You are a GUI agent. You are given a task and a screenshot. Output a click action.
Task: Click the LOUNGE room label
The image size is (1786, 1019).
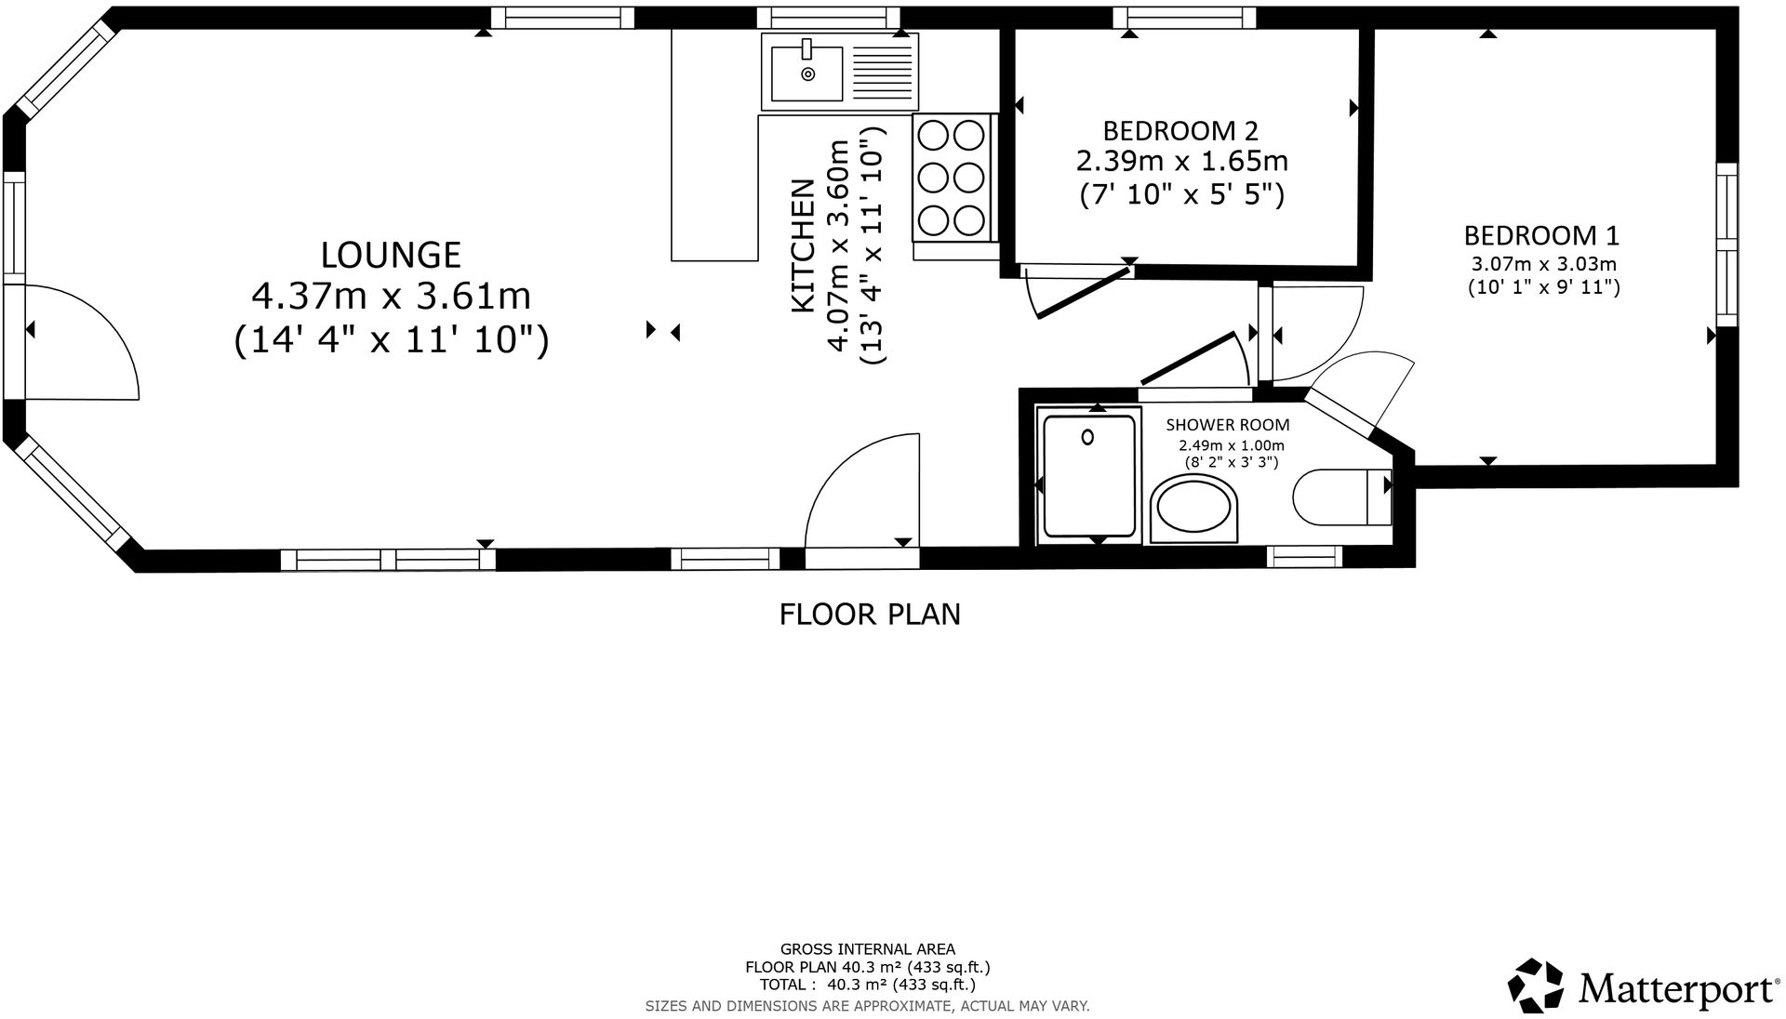point(391,254)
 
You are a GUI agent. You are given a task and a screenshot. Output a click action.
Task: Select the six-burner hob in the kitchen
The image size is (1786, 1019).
point(951,178)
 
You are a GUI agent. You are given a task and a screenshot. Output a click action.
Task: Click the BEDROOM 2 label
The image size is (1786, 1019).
point(1181,129)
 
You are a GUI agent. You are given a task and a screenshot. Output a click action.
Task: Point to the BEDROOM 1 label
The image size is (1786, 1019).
point(1542,234)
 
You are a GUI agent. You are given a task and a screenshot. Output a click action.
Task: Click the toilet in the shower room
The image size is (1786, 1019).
point(1339,497)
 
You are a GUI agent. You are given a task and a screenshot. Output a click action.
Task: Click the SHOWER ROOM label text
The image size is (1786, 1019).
point(1228,425)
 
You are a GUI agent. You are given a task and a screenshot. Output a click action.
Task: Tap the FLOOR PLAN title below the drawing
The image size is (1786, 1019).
point(870,615)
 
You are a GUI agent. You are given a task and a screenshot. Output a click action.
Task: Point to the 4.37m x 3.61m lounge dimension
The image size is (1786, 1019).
point(391,297)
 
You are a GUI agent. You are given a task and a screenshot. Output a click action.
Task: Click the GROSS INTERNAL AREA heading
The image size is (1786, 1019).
point(867,949)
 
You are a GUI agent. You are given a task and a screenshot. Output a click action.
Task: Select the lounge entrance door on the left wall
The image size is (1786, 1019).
point(79,342)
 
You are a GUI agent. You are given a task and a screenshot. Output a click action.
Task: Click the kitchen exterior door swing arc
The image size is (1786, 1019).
point(860,488)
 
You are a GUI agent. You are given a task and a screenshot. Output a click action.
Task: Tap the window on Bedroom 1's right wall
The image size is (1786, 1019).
point(1726,245)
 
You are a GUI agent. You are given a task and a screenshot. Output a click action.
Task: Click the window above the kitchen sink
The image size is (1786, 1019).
point(828,17)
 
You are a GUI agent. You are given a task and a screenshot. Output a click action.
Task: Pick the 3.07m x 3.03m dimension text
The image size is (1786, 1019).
point(1544,264)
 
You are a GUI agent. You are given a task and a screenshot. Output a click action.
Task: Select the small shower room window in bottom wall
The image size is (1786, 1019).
point(1304,557)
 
